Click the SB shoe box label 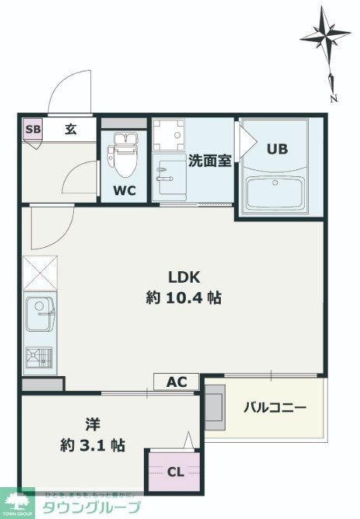tap(33, 129)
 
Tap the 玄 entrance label tap(70, 129)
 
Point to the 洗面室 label tap(210, 161)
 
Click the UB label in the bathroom tap(278, 149)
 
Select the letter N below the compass tap(333, 99)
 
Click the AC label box tap(177, 382)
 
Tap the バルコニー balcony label tap(274, 407)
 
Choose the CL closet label tap(176, 471)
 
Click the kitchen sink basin tap(40, 315)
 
